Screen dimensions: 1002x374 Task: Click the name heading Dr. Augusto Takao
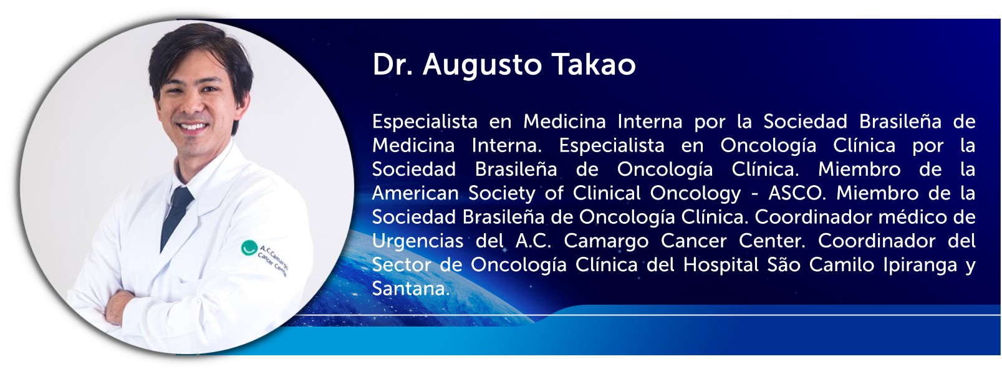click(x=504, y=65)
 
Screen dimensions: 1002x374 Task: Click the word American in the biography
click(x=415, y=193)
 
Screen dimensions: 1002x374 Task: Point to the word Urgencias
click(x=417, y=242)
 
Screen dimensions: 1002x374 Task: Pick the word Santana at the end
click(x=411, y=289)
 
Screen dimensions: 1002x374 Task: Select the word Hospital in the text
click(x=721, y=266)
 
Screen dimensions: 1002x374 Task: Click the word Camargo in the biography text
click(x=605, y=242)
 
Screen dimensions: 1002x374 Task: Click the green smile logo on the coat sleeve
click(x=249, y=247)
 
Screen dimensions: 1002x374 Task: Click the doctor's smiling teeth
click(x=192, y=127)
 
